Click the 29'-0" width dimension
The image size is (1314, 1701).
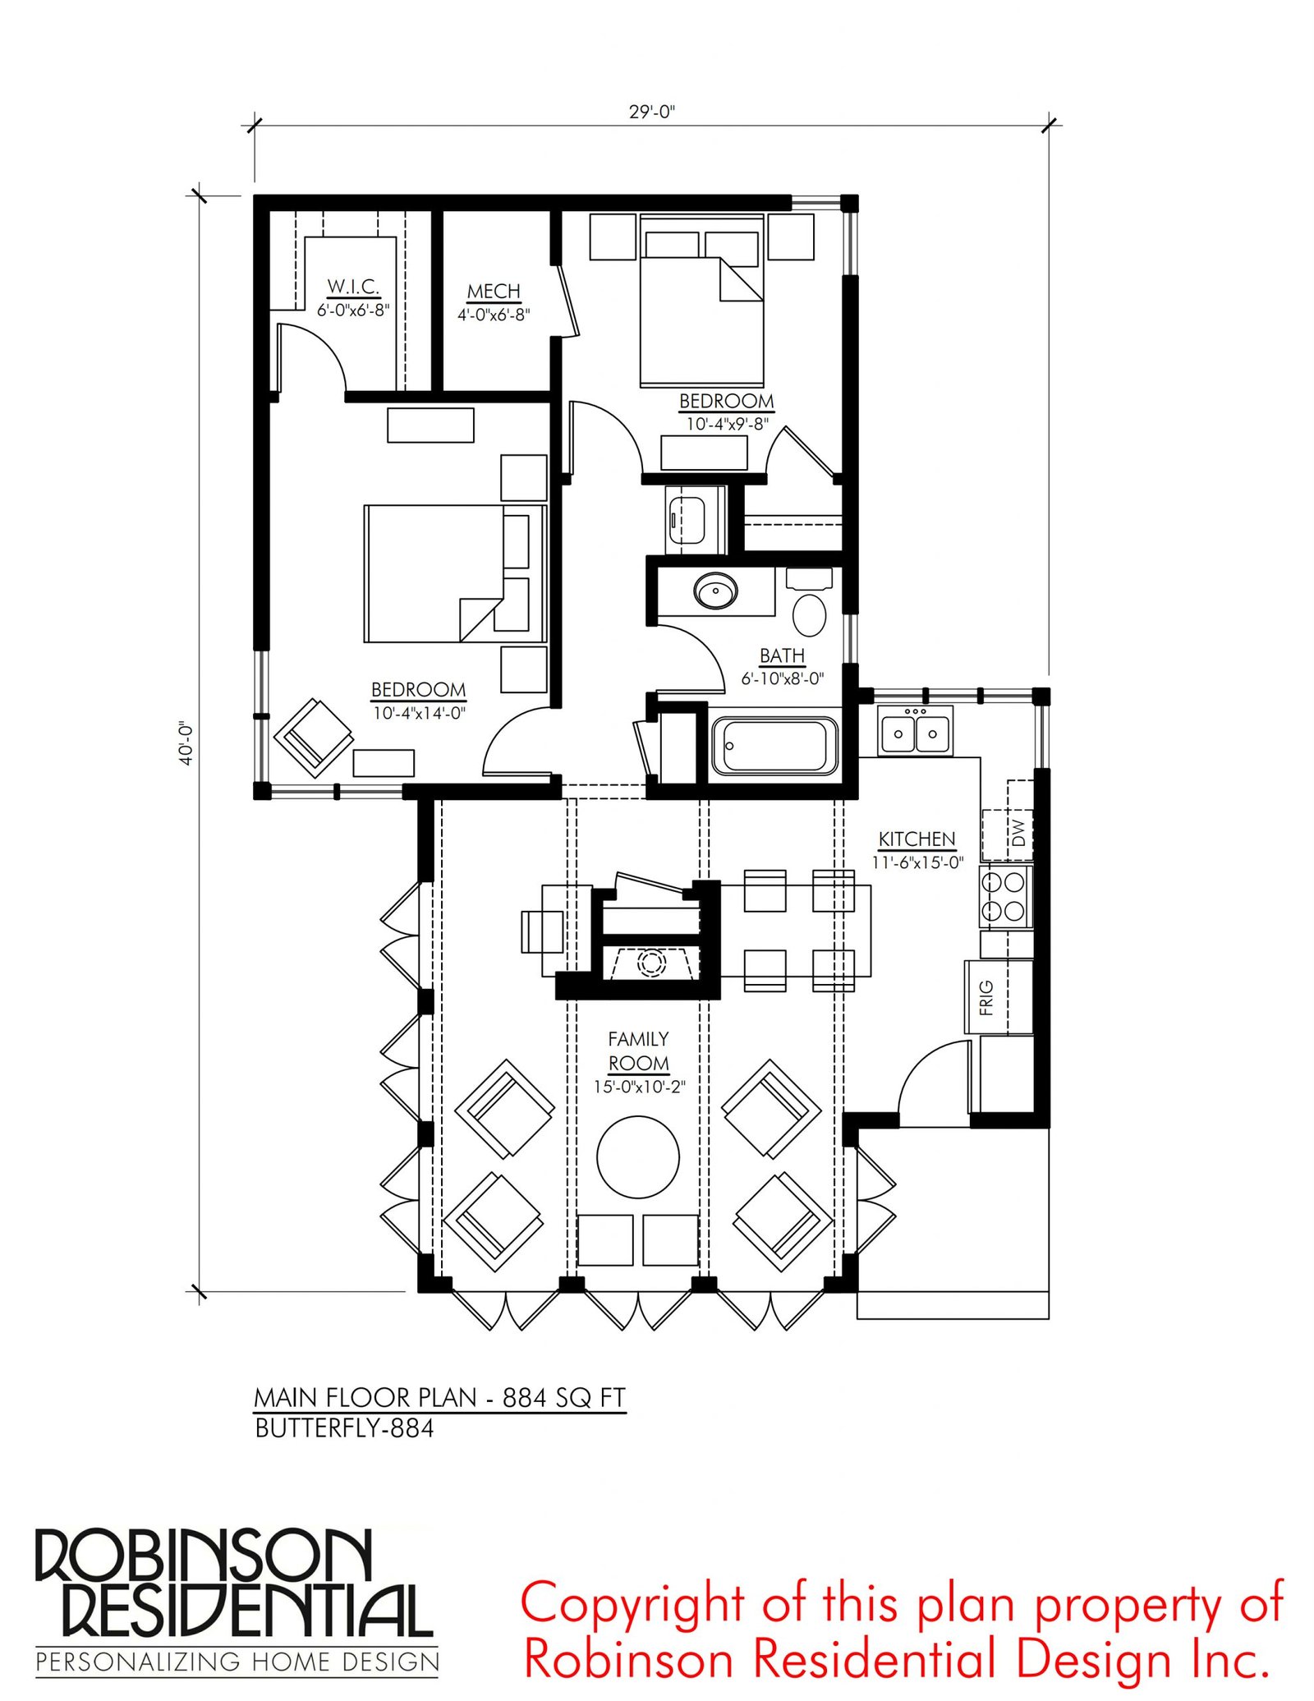651,112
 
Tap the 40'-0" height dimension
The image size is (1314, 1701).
186,743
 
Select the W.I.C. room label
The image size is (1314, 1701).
353,287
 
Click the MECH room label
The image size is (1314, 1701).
494,292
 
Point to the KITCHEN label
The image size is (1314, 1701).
917,839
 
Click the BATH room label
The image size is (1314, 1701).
782,655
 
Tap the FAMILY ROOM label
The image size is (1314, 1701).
638,1051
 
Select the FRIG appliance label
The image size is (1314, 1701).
986,997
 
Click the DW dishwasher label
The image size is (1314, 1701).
1018,833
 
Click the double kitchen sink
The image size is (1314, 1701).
915,731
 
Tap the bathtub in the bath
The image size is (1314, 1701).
774,746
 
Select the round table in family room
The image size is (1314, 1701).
638,1157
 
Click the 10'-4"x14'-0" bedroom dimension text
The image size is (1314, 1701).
420,713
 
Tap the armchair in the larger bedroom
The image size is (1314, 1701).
313,738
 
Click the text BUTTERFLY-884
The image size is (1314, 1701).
344,1428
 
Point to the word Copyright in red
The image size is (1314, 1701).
633,1604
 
